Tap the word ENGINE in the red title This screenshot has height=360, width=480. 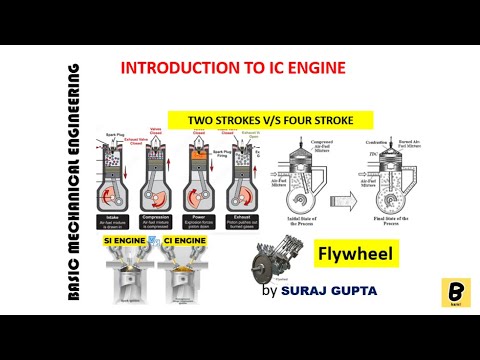(317, 69)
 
